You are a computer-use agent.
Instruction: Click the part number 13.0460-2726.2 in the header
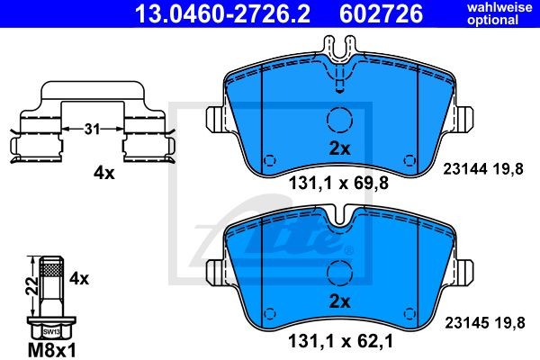[x=222, y=13]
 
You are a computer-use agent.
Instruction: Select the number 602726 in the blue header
[x=381, y=13]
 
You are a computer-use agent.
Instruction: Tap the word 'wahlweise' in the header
[x=499, y=7]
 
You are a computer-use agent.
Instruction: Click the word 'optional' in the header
[x=493, y=20]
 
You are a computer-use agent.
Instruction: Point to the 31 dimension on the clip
[x=92, y=129]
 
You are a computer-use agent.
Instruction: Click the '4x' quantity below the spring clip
[x=104, y=174]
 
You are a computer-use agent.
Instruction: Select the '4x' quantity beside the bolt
[x=79, y=278]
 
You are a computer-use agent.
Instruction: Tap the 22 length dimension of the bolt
[x=32, y=286]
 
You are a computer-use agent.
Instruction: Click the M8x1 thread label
[x=51, y=351]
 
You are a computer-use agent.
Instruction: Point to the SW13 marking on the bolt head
[x=51, y=332]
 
